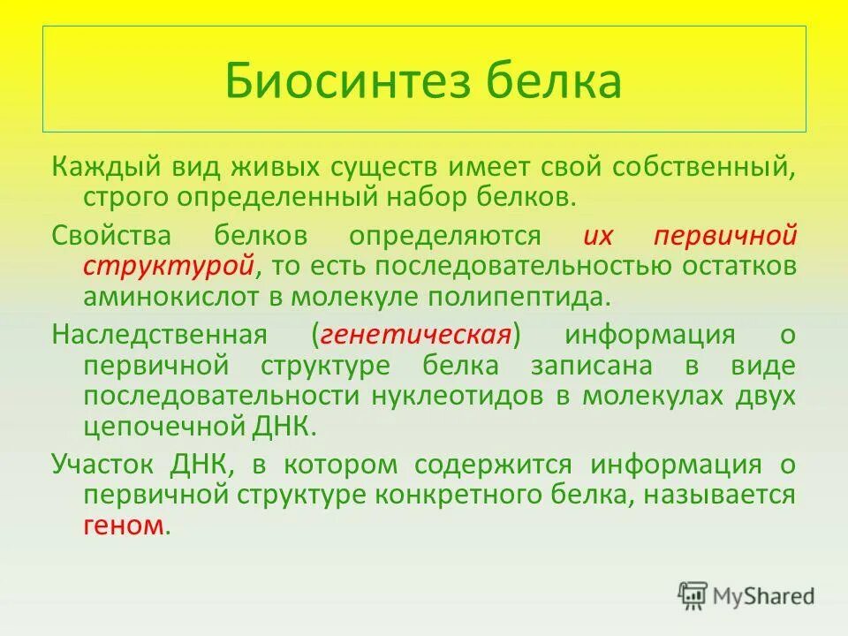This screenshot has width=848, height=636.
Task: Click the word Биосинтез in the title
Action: click(x=344, y=81)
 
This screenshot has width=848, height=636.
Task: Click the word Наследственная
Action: click(x=159, y=336)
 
